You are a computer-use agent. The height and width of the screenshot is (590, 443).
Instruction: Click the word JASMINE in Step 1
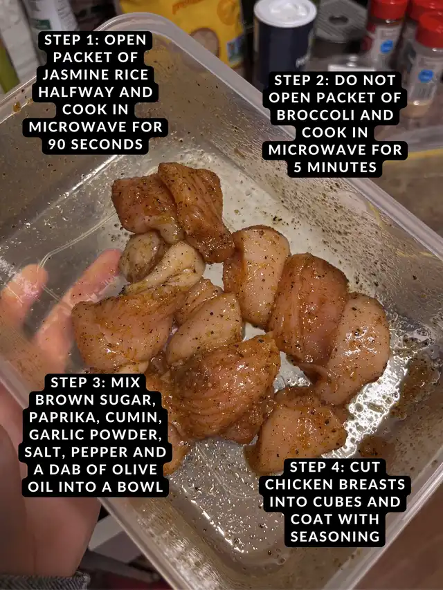71,75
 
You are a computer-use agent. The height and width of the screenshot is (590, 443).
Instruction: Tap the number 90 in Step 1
57,144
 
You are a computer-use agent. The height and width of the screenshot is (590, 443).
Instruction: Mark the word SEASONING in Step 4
335,537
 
